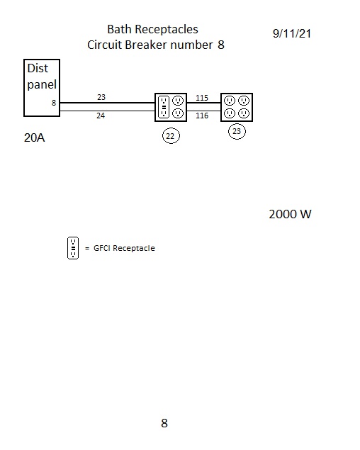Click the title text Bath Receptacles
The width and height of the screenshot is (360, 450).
152,29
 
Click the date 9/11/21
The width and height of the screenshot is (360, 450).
292,33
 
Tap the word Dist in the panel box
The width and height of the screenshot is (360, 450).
38,68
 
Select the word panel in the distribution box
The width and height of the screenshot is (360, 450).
42,84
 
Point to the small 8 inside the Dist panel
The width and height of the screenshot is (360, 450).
54,103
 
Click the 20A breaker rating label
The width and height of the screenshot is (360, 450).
35,137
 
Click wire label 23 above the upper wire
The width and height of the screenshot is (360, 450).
101,97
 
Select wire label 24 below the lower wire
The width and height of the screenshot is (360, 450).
101,116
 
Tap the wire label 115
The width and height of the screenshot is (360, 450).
202,98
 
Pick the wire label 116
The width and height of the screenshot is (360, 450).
202,116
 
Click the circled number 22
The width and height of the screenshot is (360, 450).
171,136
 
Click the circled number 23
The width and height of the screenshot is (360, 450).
237,131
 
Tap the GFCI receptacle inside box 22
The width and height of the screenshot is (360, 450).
164,107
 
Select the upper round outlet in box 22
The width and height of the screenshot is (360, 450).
178,101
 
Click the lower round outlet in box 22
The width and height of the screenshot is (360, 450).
178,113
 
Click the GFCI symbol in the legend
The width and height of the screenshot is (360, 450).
73,248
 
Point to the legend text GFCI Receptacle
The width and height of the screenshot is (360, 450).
124,248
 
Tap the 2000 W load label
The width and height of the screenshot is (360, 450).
290,215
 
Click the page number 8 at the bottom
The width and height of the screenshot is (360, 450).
164,423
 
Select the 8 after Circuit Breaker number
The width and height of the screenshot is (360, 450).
221,45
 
